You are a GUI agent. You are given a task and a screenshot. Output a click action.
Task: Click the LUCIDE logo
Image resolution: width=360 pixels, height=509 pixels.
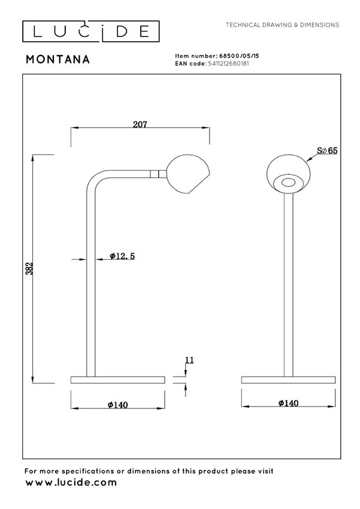point(91,31)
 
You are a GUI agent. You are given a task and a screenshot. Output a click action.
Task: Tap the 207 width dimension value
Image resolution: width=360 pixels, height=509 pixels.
point(140,125)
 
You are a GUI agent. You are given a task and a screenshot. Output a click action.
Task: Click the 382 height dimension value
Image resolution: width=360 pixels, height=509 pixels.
point(29,268)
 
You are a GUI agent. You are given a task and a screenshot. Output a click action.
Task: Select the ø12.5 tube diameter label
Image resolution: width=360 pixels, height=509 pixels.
point(123,256)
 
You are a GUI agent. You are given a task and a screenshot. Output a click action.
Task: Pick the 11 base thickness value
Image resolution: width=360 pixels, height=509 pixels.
point(189,360)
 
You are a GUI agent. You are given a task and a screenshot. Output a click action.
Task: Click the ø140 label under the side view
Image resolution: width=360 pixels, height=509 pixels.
point(118,405)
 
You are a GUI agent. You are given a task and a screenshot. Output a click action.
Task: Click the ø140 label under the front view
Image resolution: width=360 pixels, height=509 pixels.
point(288,404)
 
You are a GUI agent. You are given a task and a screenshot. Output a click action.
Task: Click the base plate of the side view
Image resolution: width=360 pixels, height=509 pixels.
point(117,380)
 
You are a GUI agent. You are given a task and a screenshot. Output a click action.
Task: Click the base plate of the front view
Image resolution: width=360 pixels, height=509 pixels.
point(288,380)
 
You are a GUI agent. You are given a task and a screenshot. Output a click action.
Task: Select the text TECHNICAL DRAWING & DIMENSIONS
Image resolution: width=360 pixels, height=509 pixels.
point(282,25)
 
